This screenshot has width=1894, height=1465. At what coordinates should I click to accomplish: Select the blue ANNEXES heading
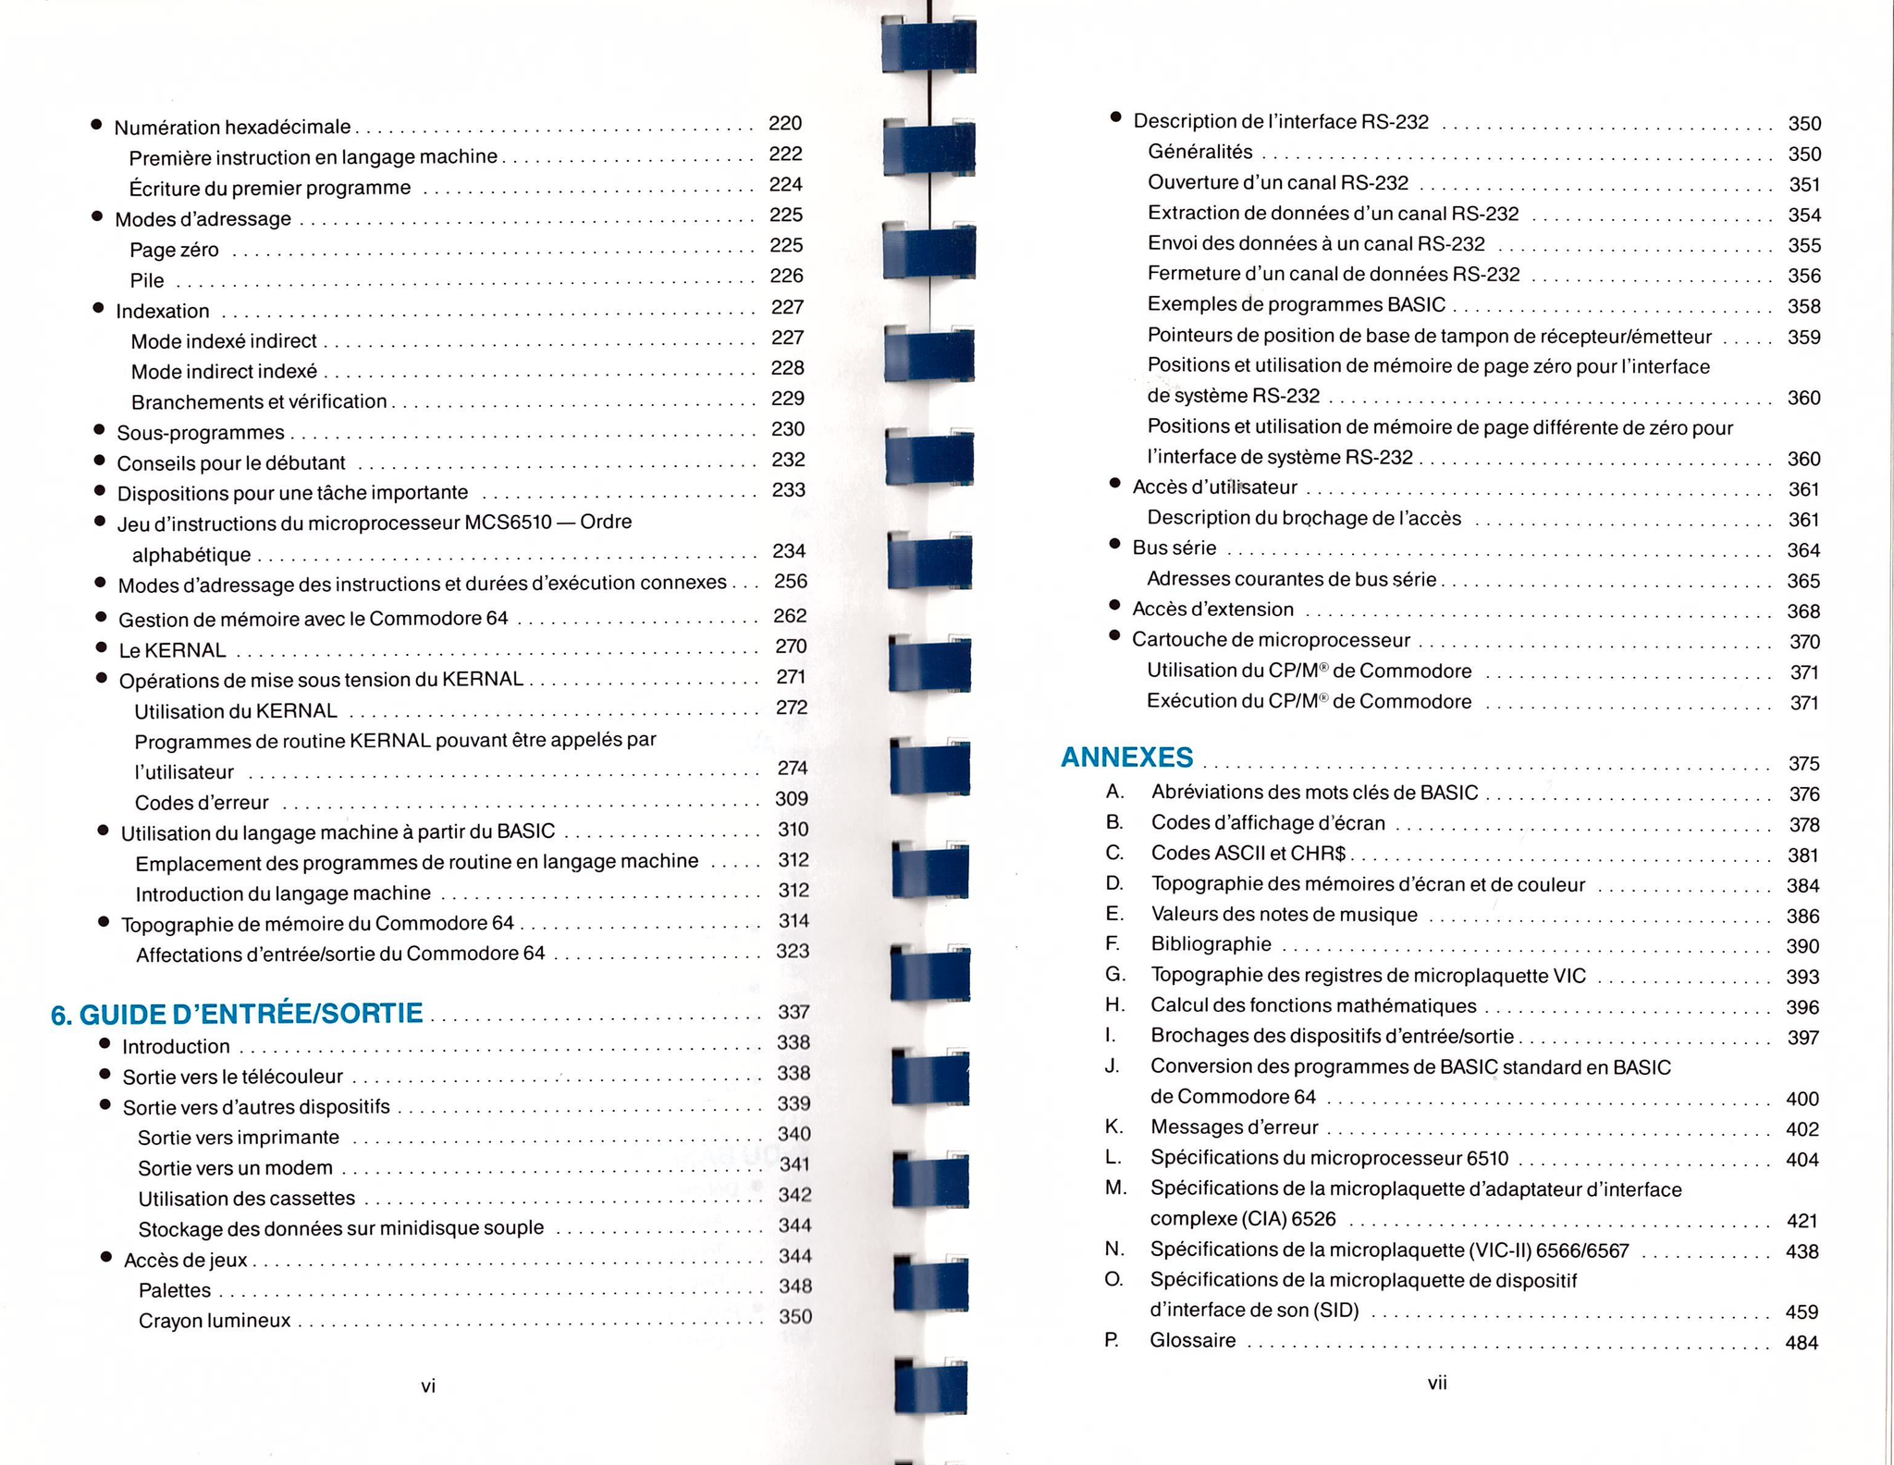(x=1126, y=757)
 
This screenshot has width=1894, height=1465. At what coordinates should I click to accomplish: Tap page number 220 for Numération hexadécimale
(x=785, y=123)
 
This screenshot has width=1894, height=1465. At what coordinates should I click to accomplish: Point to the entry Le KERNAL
(x=172, y=650)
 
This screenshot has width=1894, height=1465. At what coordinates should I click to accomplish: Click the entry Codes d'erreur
(x=202, y=803)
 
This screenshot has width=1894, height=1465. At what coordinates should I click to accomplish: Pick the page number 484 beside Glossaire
(x=1801, y=1343)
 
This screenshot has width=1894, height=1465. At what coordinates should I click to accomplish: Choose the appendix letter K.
(x=1113, y=1126)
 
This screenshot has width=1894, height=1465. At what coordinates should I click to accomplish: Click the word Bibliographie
(x=1211, y=944)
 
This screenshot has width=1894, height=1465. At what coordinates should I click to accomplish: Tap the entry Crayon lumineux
(x=215, y=1321)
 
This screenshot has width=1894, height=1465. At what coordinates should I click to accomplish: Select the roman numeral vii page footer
(x=1436, y=1383)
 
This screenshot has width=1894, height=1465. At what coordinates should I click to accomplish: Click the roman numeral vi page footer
(x=428, y=1385)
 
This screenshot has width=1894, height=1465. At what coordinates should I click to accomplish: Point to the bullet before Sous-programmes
(x=99, y=429)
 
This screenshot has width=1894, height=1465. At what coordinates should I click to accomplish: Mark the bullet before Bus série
(x=1114, y=544)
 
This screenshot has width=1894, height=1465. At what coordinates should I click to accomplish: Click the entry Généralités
(x=1199, y=152)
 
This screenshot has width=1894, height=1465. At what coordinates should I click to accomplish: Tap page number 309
(x=792, y=799)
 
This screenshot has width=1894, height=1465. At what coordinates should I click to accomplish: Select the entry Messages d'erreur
(x=1234, y=1127)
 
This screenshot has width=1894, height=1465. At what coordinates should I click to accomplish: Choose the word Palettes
(x=175, y=1290)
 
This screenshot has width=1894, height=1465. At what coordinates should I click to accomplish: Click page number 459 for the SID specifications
(x=1802, y=1312)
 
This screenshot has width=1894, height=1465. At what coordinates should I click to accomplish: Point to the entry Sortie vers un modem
(x=235, y=1168)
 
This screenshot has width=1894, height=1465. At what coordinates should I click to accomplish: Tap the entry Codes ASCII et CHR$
(x=1248, y=853)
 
